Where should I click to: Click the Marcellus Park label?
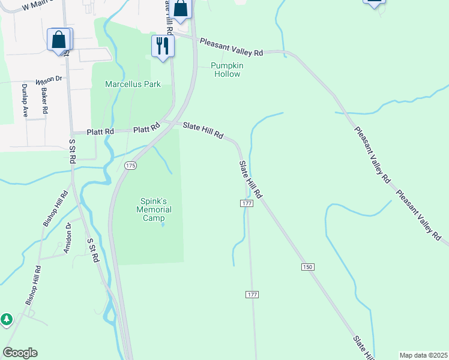133,85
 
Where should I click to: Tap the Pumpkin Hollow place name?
226,70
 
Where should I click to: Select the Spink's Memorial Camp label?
154,209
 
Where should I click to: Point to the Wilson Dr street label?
49,80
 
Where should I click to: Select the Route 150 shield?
308,266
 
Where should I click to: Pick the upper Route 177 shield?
247,204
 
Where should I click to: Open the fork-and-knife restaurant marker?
163,46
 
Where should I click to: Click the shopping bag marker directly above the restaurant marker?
180,8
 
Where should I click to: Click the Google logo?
20,353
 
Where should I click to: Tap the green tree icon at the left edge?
6,319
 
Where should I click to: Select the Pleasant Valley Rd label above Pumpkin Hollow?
232,47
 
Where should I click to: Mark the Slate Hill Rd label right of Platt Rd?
203,131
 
